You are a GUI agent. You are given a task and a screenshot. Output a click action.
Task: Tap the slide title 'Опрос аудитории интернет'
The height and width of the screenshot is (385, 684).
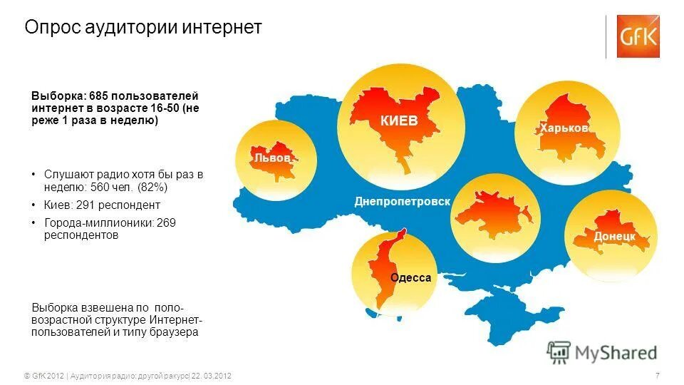pyautogui.click(x=143, y=27)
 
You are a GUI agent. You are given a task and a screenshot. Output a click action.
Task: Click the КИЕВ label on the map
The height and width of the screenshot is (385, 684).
pyautogui.click(x=399, y=121)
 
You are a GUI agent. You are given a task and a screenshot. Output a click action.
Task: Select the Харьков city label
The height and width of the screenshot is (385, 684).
pyautogui.click(x=564, y=128)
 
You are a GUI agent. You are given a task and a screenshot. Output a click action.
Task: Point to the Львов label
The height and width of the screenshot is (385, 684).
pyautogui.click(x=272, y=158)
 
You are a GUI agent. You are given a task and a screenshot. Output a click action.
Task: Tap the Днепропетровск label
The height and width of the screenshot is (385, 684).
pyautogui.click(x=403, y=202)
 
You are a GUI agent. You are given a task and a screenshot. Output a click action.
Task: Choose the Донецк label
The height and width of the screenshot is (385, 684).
pyautogui.click(x=614, y=235)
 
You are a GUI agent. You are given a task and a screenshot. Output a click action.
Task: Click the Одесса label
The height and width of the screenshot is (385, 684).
pyautogui.click(x=410, y=277)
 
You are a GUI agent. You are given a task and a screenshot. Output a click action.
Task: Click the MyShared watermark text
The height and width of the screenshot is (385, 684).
pyautogui.click(x=617, y=352)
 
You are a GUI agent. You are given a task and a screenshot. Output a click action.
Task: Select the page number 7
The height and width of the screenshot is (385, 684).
pyautogui.click(x=656, y=376)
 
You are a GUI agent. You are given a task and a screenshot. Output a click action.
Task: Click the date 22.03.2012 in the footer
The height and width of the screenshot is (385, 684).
pyautogui.click(x=212, y=376)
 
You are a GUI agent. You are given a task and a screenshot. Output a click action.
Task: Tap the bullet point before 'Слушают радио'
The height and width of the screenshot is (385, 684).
pyautogui.click(x=33, y=174)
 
